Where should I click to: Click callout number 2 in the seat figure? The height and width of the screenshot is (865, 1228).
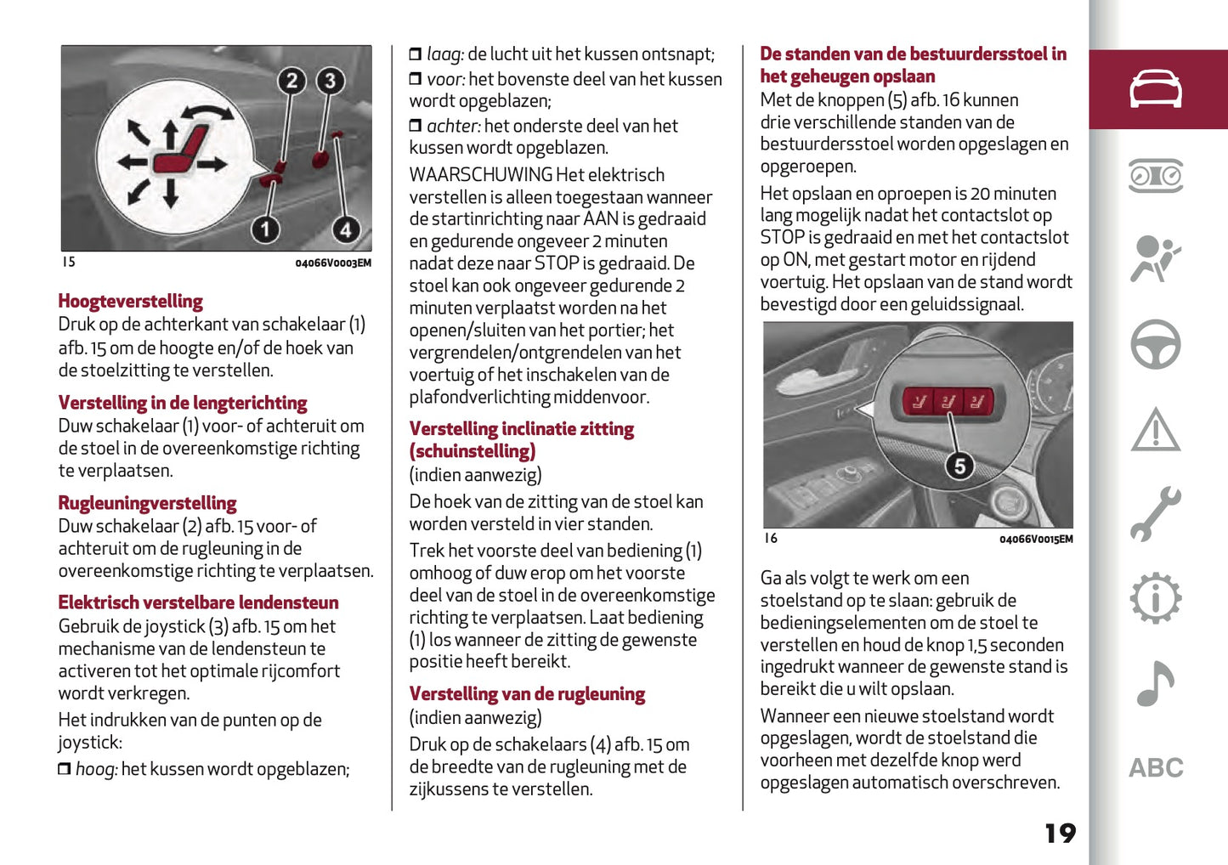pos(291,81)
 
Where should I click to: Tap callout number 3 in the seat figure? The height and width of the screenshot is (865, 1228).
pos(330,81)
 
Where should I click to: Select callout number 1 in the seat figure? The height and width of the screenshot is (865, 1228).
pos(265,229)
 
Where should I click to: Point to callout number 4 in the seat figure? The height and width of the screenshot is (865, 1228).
pos(345,229)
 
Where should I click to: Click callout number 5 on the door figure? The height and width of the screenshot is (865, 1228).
pos(959,466)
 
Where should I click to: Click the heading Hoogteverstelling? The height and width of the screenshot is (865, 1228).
pos(130,301)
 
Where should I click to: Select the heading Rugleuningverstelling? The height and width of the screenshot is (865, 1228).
pos(147,503)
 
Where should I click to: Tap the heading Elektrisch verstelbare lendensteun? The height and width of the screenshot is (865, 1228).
pos(198,602)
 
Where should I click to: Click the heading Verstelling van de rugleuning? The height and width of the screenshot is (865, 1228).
pos(527,694)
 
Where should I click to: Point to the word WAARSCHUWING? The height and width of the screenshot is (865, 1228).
pos(481,175)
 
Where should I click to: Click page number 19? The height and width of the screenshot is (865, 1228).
pos(1060,833)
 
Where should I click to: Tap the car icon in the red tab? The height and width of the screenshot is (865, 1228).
pos(1155,89)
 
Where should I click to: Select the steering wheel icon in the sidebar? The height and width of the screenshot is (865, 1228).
pos(1155,344)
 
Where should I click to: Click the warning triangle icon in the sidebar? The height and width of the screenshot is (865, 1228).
pos(1155,429)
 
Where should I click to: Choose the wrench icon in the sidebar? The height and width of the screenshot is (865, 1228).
pos(1155,514)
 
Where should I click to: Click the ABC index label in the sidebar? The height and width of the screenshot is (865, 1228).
pos(1155,768)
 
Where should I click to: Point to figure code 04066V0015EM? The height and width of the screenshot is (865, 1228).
pos(1035,540)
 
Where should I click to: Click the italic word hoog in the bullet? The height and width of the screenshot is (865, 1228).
pos(95,770)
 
